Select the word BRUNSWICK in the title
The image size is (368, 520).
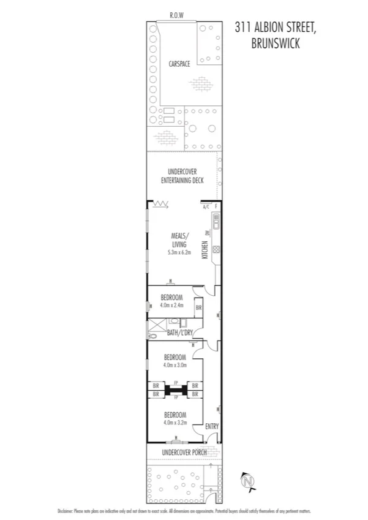[x=275, y=43]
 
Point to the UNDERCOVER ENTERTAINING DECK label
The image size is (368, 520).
[x=181, y=176]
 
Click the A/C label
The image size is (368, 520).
[x=206, y=207]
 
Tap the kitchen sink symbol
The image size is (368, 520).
[x=216, y=219]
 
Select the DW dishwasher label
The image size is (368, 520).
[x=209, y=233]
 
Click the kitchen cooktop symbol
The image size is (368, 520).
[x=216, y=249]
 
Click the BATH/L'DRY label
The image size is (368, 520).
[x=180, y=333]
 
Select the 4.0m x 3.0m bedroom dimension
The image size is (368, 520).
[x=175, y=365]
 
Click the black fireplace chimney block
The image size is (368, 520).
[x=176, y=390]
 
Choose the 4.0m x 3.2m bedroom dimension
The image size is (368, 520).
[x=175, y=422]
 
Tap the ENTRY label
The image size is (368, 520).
[x=211, y=426]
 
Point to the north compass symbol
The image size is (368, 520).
[x=247, y=482]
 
